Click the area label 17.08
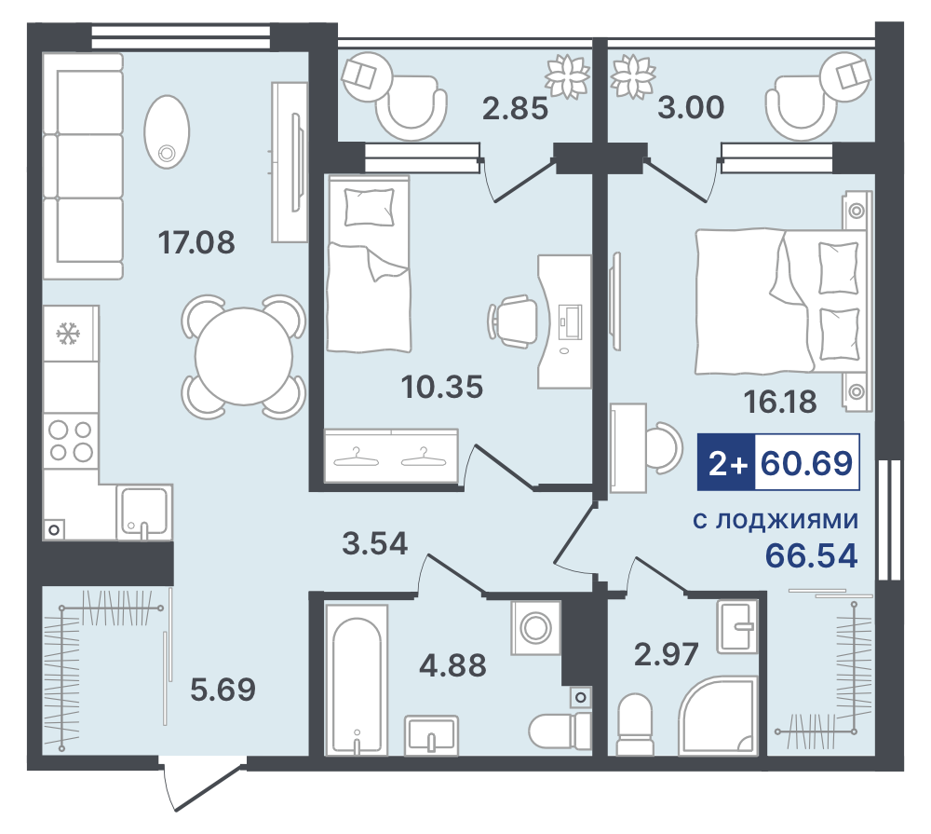point(196,242)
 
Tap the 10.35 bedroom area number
point(442,387)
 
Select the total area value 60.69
point(806,463)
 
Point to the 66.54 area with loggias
point(811,556)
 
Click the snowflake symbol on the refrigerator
point(68,334)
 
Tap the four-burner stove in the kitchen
point(71,441)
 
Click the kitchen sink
point(144,513)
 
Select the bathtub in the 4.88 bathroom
point(357,679)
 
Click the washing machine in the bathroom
point(536,627)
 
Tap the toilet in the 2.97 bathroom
point(634,725)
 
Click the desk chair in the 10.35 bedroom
point(512,321)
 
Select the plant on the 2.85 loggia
point(567,76)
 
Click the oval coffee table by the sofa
point(167,131)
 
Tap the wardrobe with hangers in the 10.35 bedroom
point(391,455)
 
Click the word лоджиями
point(787,521)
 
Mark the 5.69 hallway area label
point(223,690)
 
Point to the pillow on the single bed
point(370,207)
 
